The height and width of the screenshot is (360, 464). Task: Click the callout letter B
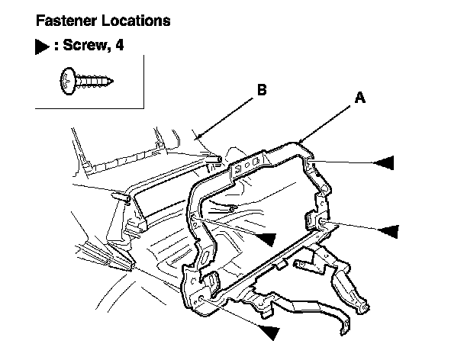[262, 90]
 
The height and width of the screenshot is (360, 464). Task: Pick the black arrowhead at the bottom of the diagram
[268, 331]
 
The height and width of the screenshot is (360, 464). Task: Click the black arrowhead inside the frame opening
[264, 238]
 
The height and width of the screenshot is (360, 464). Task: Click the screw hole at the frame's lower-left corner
[200, 300]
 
